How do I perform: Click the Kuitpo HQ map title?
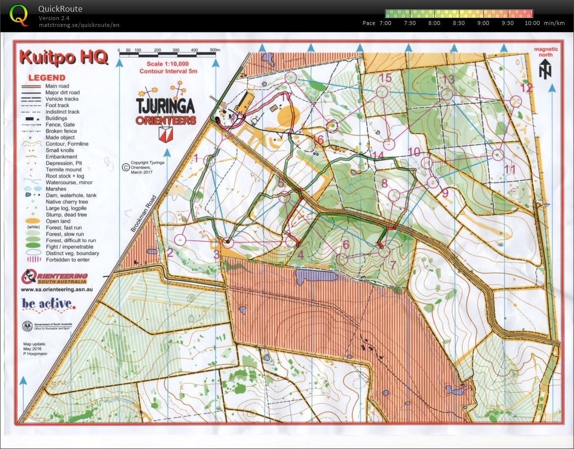tap(64, 58)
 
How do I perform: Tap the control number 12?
tap(526, 88)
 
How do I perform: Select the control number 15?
tap(385, 78)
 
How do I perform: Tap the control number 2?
tap(170, 253)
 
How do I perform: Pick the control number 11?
tap(510, 169)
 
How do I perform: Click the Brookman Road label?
tap(143, 213)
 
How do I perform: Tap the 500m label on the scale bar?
tap(215, 50)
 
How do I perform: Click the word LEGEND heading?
tap(47, 78)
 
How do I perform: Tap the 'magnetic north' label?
tap(546, 52)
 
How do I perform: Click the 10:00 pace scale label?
tap(532, 23)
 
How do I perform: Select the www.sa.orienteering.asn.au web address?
tap(57, 289)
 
